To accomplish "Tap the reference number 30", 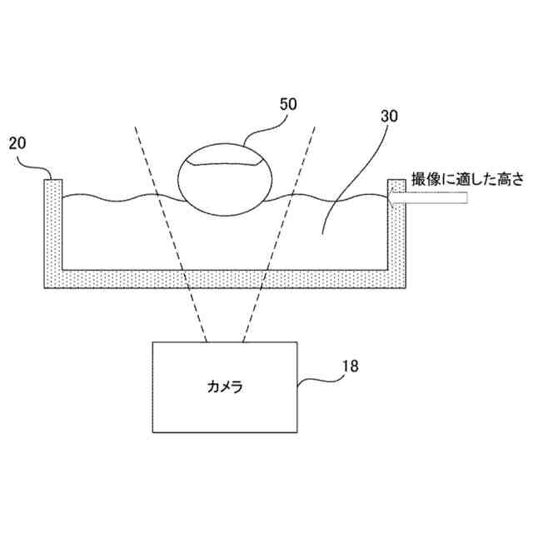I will coord(389,117).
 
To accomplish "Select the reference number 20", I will coord(18,144).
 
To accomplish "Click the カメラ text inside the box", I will coord(225,387).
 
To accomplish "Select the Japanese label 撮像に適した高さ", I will coord(463,179).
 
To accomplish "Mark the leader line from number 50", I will coord(266,129).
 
